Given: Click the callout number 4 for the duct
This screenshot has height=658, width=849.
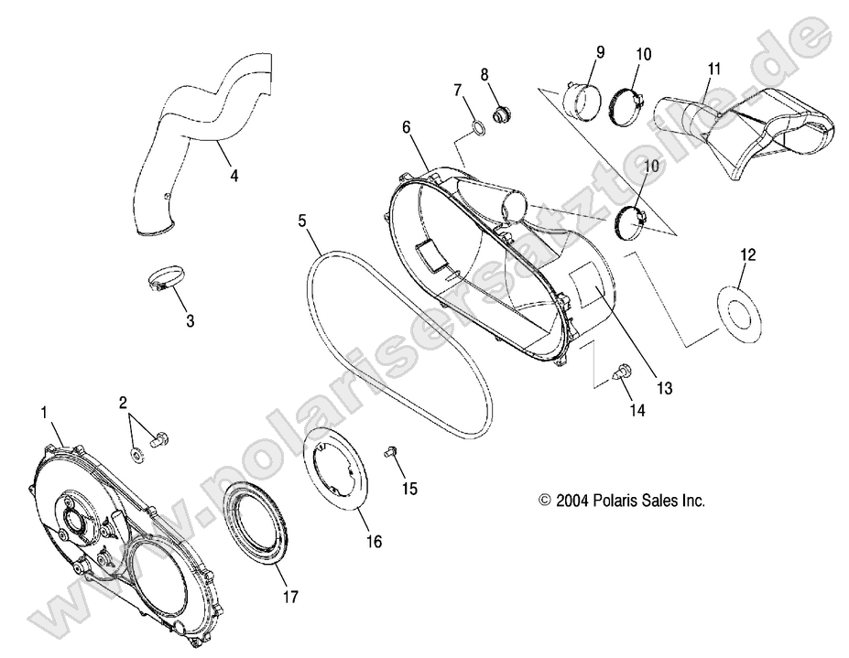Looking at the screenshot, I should pyautogui.click(x=234, y=175).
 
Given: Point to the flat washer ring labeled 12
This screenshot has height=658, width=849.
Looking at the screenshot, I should pyautogui.click(x=737, y=312).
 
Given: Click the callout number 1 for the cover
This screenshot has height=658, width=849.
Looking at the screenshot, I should pyautogui.click(x=43, y=414).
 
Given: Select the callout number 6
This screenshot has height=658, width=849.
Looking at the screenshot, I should pyautogui.click(x=406, y=128).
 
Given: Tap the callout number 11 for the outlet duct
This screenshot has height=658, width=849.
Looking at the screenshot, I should pyautogui.click(x=714, y=69).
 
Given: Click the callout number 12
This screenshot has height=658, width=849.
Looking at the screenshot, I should pyautogui.click(x=747, y=254).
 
